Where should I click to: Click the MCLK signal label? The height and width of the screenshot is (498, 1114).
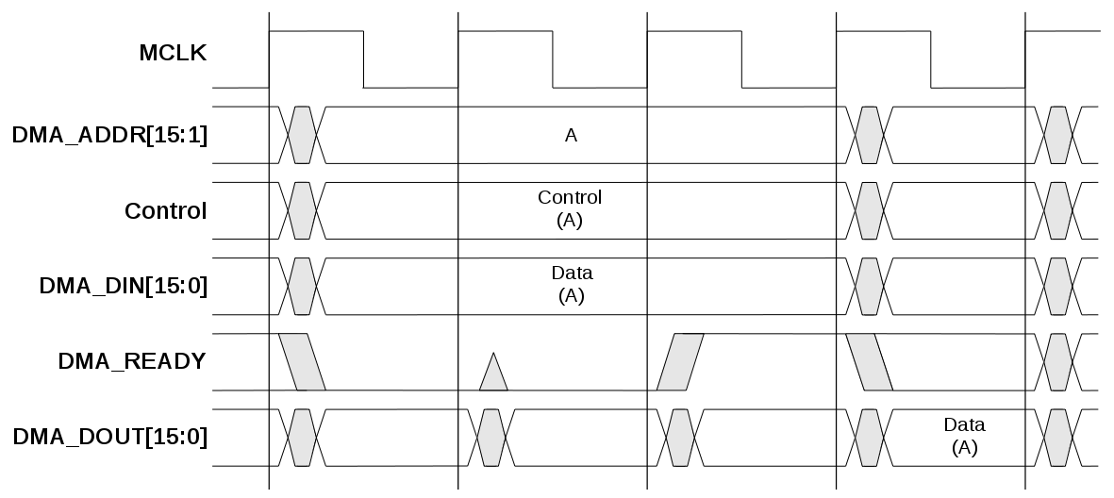172,53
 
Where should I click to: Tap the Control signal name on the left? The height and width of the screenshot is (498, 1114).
165,210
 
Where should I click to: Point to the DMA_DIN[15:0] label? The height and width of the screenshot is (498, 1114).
123,286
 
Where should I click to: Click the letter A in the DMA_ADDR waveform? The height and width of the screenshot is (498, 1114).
571,136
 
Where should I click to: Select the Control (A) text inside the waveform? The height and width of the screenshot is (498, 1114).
570,208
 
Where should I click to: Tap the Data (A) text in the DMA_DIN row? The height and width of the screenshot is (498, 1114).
571,284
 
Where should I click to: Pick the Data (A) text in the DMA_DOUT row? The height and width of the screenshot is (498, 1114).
964,436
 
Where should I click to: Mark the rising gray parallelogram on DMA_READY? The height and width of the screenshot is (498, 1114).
680,361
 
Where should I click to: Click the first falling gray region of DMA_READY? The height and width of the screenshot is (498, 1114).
303,361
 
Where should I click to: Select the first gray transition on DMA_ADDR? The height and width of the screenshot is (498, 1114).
302,134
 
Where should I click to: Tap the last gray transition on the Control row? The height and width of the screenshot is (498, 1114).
1056,209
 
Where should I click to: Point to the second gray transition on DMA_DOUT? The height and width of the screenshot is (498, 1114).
490,437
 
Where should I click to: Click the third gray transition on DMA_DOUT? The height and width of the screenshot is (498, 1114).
680,437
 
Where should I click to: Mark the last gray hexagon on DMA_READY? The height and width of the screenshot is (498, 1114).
1056,361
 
